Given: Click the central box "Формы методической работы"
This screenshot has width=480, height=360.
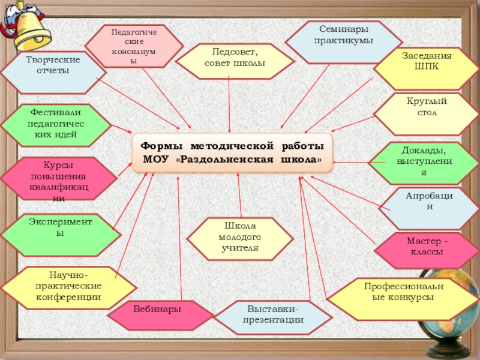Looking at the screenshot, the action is tap(231, 153).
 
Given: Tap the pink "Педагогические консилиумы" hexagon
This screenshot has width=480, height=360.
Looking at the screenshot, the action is tap(133, 45).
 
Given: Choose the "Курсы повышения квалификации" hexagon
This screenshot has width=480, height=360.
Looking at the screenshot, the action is tap(58, 179).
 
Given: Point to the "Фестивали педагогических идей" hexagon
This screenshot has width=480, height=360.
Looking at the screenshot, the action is tap(56, 125).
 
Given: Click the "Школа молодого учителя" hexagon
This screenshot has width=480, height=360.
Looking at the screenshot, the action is tap(240, 238).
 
